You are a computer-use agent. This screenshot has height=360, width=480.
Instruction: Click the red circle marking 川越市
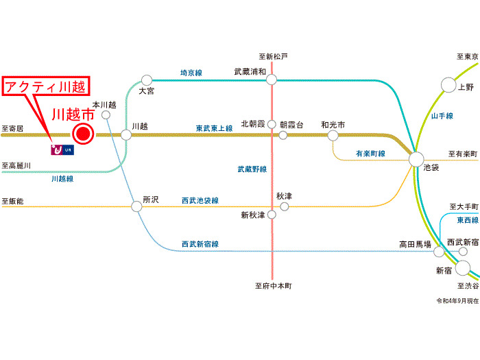tap(83, 134)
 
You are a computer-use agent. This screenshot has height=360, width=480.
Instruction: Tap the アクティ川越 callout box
tap(46, 87)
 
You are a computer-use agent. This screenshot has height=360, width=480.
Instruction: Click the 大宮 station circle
tap(146, 80)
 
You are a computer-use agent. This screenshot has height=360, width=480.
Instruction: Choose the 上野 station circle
tap(448, 85)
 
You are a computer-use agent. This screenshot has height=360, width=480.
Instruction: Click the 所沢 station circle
tap(136, 204)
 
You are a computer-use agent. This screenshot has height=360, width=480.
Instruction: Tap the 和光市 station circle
tap(333, 135)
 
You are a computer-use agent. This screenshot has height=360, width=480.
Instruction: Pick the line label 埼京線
tap(191, 72)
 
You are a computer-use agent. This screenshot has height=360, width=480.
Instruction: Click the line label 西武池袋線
tap(200, 200)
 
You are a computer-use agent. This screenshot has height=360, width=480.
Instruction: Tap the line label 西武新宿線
tap(200, 243)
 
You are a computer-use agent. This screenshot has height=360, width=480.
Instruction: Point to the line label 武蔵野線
tap(252, 169)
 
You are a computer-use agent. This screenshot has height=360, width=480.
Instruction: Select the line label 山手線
tap(442, 117)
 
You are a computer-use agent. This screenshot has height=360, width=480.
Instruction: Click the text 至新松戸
tap(273, 56)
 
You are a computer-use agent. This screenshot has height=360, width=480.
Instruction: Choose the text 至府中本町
tap(273, 286)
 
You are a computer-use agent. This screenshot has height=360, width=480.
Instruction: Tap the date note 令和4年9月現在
tap(455, 301)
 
